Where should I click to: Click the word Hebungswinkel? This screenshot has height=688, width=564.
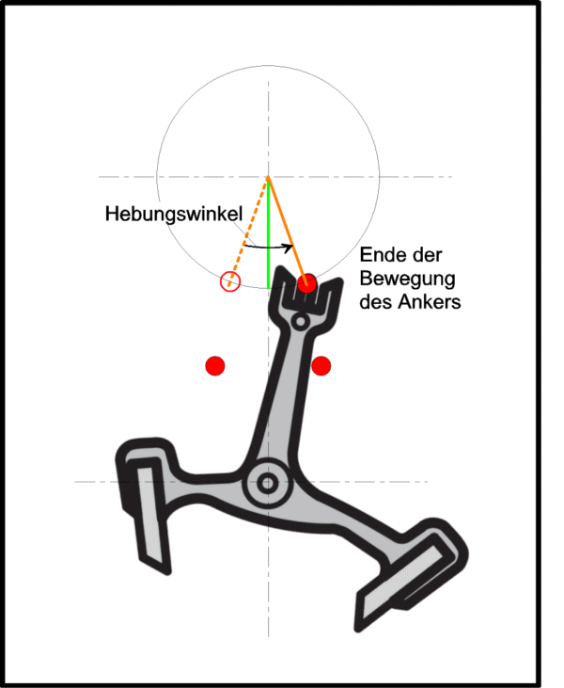[x=174, y=215]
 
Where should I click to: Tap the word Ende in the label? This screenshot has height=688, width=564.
[x=380, y=255]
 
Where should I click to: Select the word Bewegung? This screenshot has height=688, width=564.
[x=408, y=280]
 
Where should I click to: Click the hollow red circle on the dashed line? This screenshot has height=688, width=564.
[x=230, y=281]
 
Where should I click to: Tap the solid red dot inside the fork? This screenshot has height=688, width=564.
[x=306, y=283]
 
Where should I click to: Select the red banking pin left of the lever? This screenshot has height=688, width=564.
[x=215, y=365]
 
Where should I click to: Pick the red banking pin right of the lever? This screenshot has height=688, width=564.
[x=321, y=365]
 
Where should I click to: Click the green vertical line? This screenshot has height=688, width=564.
[x=268, y=233]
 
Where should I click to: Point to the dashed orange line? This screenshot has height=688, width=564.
[x=248, y=232]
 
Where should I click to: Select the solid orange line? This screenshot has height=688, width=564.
[x=288, y=231]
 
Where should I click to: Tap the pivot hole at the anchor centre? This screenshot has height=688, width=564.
[x=267, y=483]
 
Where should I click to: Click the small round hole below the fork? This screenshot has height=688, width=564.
[x=300, y=321]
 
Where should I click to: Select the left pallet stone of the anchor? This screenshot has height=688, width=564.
[x=151, y=515]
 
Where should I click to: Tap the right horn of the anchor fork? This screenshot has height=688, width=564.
[x=332, y=297]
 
